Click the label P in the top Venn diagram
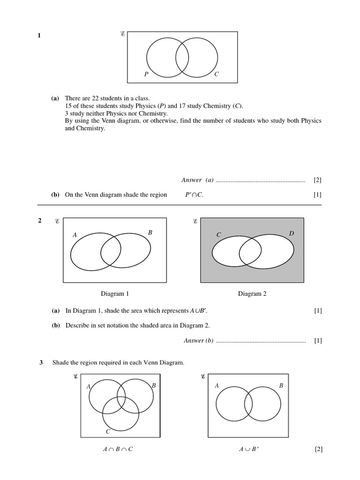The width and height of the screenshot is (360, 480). click(146, 75)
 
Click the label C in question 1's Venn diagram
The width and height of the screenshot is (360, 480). click(216, 75)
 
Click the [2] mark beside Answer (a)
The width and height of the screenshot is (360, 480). click(317, 180)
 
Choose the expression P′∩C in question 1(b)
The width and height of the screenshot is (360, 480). click(195, 195)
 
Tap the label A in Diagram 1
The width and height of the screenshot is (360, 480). click(75, 235)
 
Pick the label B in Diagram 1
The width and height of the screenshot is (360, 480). click(150, 232)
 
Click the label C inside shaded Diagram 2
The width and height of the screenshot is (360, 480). click(218, 235)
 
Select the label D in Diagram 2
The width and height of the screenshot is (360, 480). click(291, 233)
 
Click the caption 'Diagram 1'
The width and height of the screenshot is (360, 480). click(115, 294)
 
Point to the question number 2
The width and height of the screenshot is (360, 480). click(39, 221)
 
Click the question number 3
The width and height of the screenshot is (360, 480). click(41, 362)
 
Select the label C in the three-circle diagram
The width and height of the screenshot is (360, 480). click(108, 431)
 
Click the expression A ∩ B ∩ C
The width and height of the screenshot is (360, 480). click(118, 449)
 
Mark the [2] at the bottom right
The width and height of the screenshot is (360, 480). click(319, 450)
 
